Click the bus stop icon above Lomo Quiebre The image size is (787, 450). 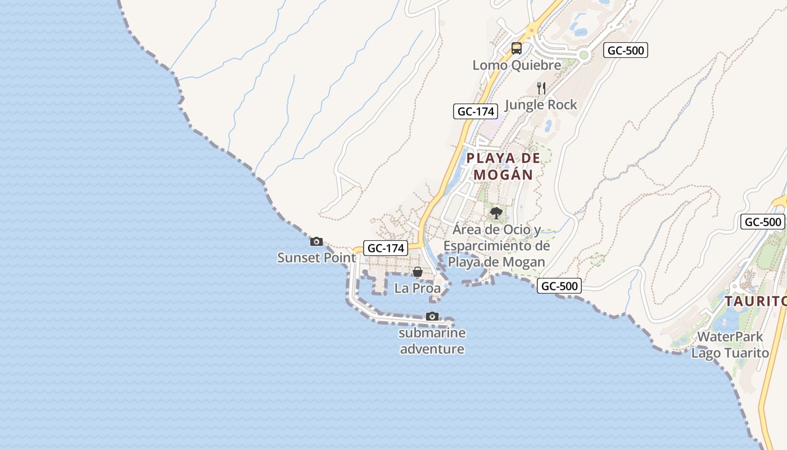(516, 48)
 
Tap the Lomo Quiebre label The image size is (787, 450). (517, 65)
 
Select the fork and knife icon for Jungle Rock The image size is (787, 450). (541, 88)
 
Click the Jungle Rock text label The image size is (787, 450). (541, 105)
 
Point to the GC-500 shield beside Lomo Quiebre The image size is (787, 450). (626, 50)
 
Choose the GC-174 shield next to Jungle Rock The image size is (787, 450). (476, 111)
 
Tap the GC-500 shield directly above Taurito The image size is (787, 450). (762, 222)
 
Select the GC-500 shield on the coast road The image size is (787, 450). (559, 286)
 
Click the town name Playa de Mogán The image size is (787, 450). (503, 166)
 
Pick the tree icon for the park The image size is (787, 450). (496, 213)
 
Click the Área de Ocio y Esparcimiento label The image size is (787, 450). (496, 246)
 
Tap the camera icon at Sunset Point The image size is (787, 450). (316, 241)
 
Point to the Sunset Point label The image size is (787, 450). (316, 258)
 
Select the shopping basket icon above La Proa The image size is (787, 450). (418, 272)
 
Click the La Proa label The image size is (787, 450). (418, 289)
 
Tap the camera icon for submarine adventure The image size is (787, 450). (432, 316)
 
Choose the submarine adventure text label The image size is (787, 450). (432, 341)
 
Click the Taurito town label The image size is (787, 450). (755, 301)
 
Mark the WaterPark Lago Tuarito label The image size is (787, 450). (730, 345)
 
